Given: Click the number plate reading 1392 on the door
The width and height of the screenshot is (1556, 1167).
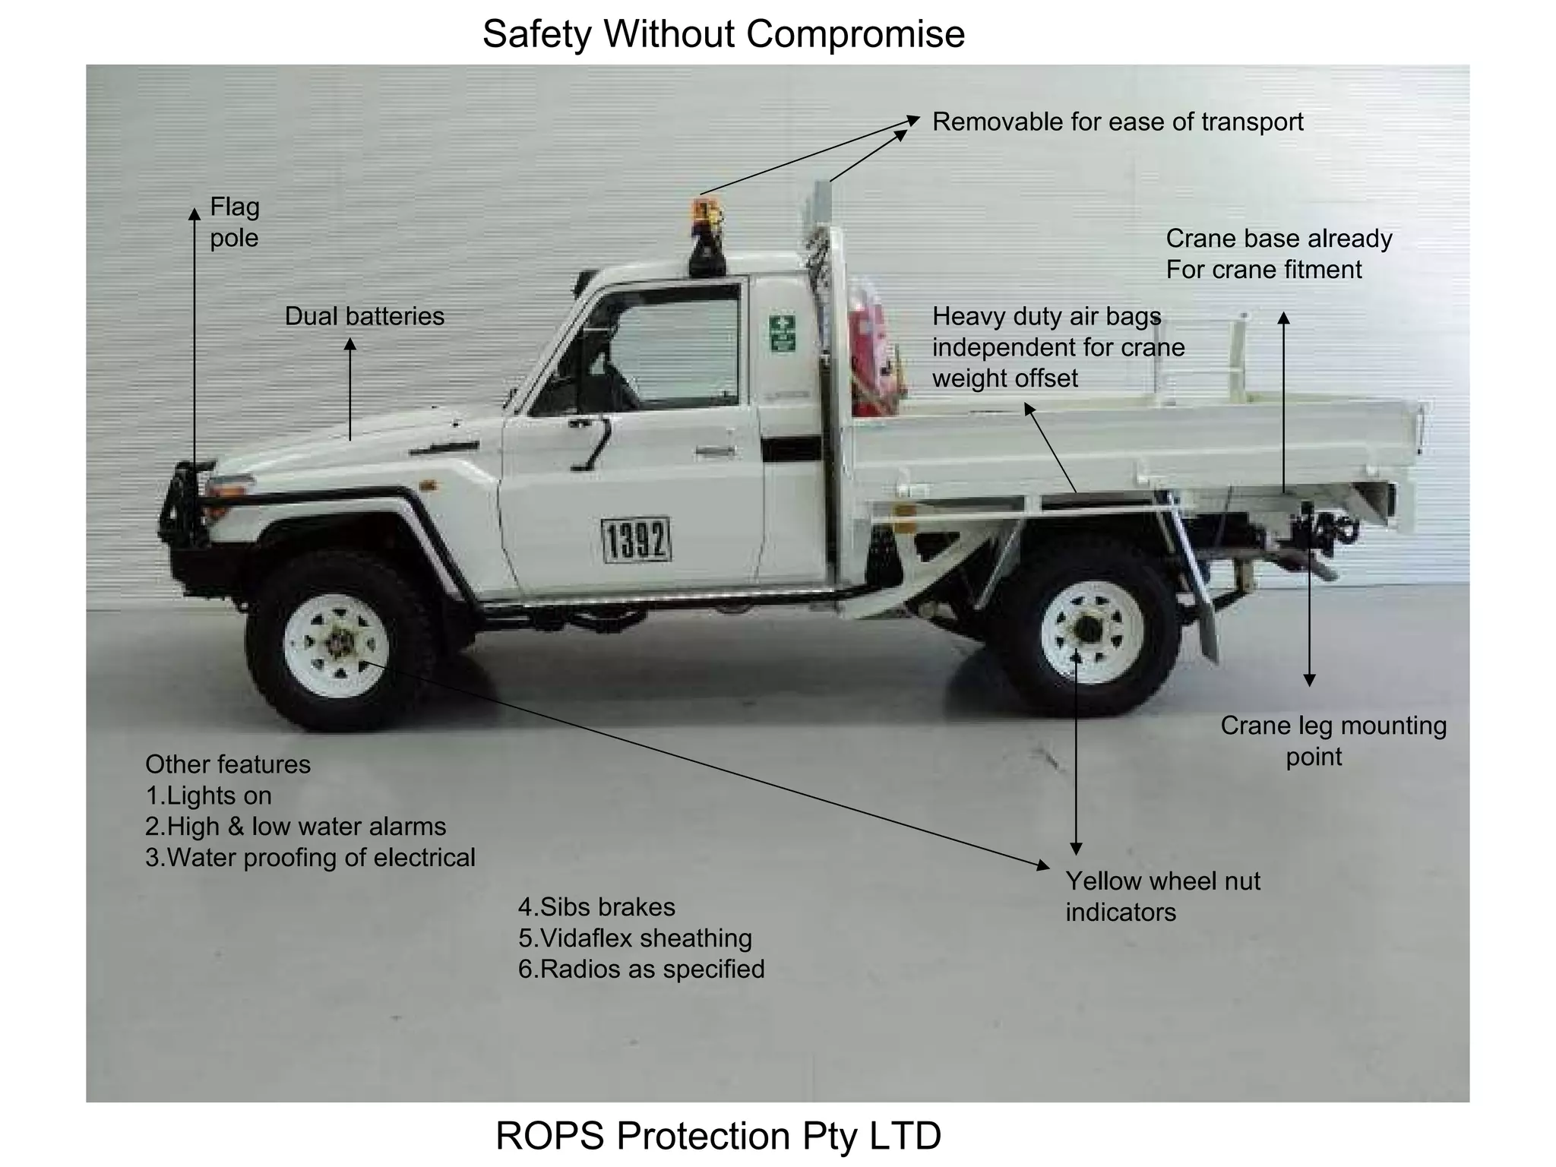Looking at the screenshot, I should [637, 540].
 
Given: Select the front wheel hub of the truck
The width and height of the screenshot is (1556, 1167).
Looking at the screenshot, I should [337, 644].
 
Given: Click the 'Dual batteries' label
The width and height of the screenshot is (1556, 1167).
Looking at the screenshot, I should [364, 316].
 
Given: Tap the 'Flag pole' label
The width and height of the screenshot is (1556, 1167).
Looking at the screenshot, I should [234, 222].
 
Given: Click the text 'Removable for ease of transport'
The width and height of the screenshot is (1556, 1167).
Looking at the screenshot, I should [1117, 122].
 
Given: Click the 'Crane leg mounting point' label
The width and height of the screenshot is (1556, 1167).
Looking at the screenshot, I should [1333, 741].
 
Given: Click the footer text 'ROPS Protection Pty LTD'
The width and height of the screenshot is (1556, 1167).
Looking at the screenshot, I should [718, 1135].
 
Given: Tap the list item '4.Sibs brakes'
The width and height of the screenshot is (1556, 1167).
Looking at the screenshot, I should [596, 906].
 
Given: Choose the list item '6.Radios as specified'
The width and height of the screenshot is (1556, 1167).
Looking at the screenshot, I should [641, 969].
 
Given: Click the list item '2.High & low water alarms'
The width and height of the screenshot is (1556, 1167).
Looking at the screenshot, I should [296, 826].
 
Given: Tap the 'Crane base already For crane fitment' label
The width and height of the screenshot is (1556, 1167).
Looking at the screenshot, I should [1278, 254].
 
